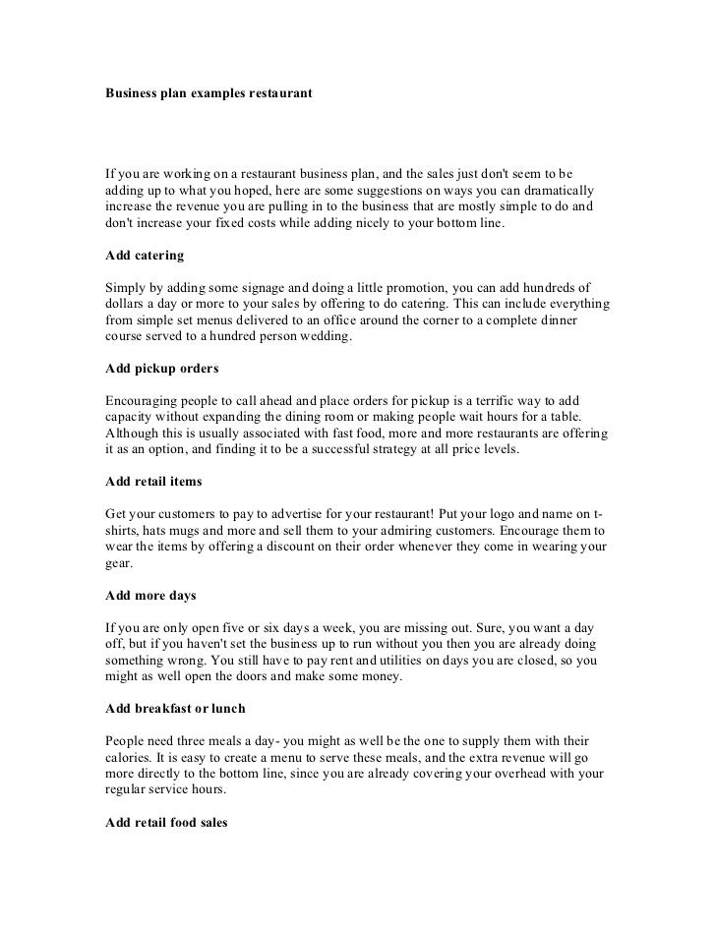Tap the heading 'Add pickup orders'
point(161,369)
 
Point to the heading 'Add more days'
point(151,596)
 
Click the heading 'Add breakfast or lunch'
point(175,709)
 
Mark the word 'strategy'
point(367,450)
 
